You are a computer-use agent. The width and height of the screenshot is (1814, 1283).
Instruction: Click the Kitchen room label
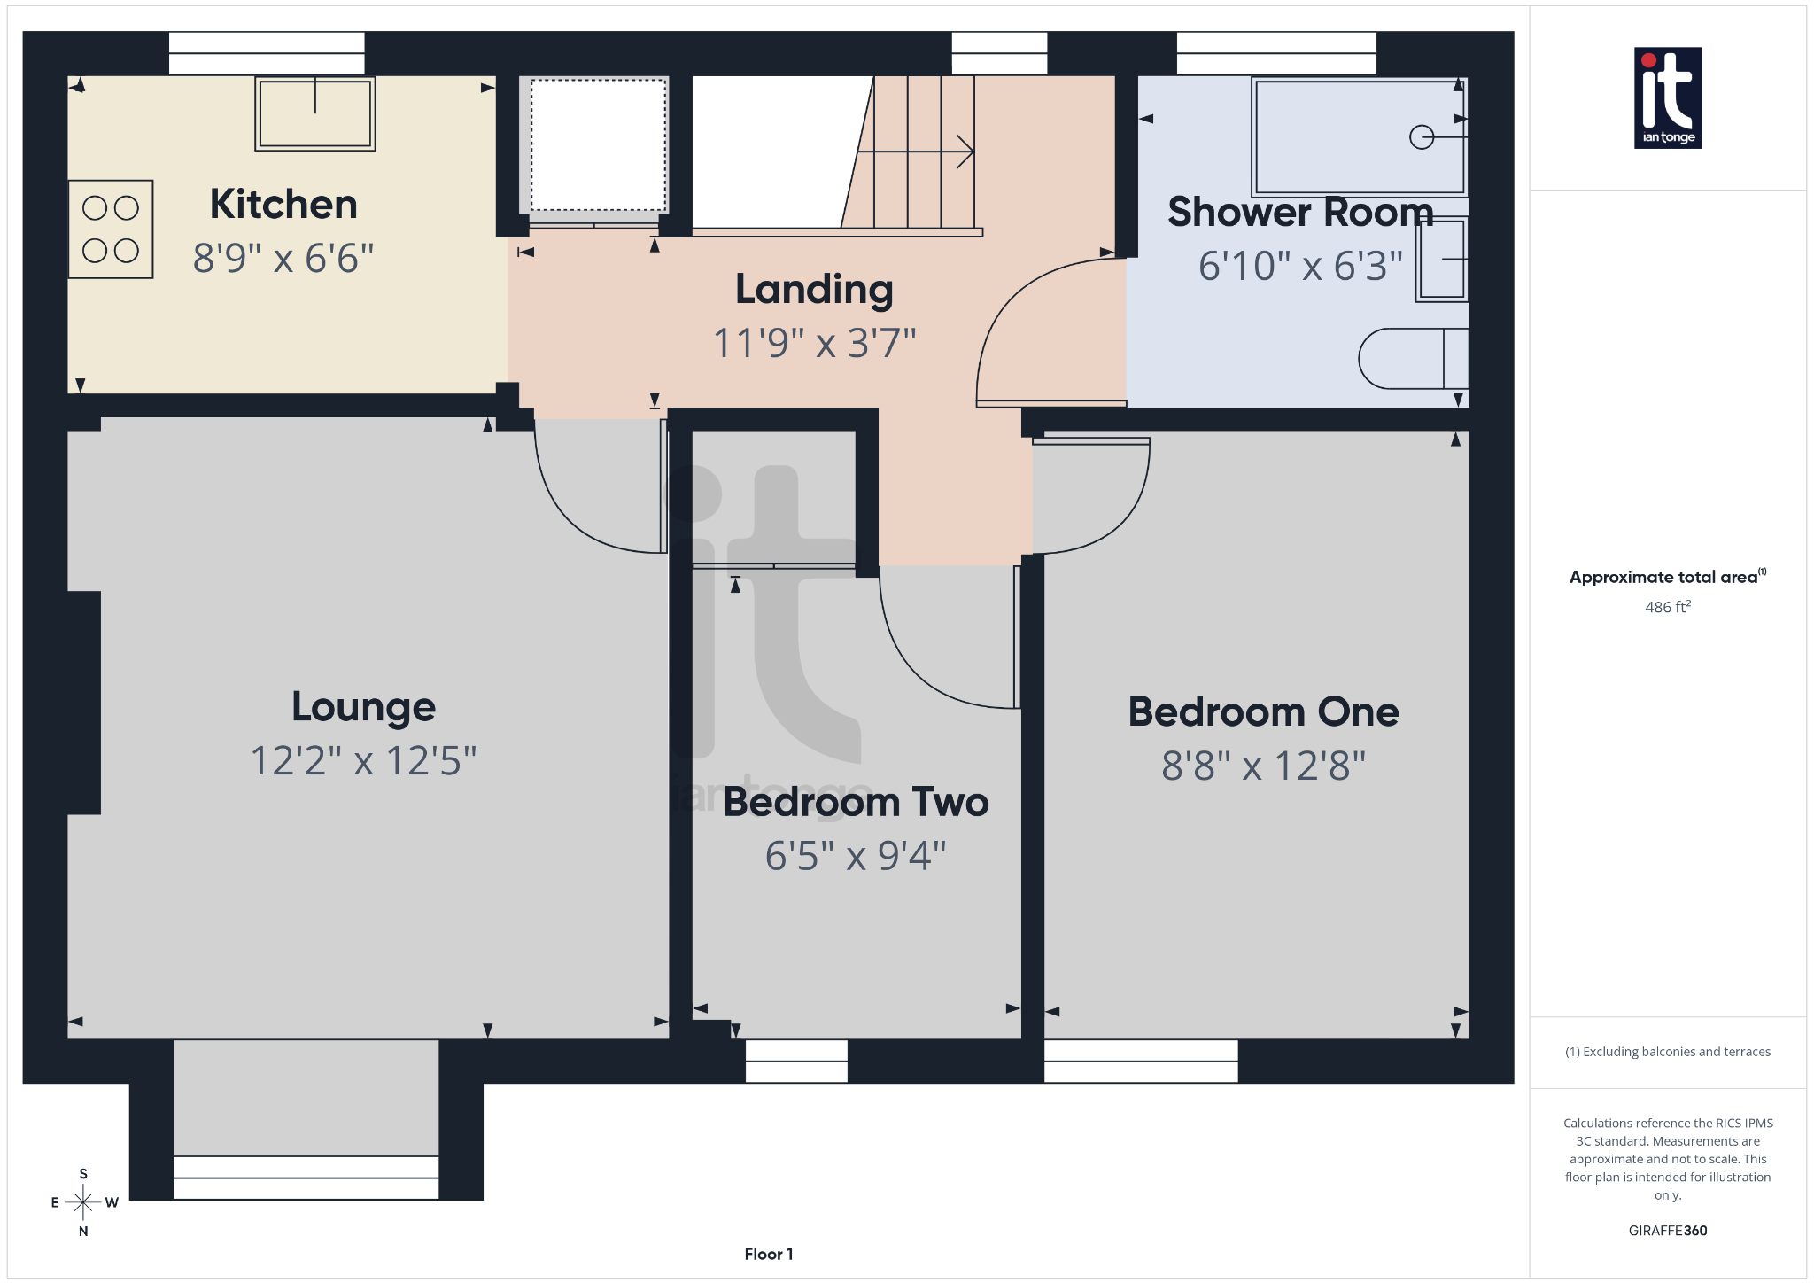point(283,205)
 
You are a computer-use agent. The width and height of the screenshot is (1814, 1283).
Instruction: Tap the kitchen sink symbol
point(315,113)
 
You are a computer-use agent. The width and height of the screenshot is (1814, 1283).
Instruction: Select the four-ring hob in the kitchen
point(111,229)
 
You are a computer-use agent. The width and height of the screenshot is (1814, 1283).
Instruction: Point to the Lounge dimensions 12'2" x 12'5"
point(363,761)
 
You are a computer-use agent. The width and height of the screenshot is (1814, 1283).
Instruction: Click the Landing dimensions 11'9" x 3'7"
point(814,343)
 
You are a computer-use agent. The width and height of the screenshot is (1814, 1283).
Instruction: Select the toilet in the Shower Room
point(1414,359)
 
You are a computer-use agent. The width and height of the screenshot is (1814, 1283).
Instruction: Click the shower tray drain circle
point(1421,137)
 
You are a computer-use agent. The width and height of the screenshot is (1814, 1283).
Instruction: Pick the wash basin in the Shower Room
point(1442,259)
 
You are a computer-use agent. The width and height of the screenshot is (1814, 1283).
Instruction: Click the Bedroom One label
point(1263,711)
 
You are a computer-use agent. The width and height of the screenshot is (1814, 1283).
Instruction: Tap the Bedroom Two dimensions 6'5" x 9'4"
point(856,856)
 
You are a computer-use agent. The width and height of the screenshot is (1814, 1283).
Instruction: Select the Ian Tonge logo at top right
point(1667,97)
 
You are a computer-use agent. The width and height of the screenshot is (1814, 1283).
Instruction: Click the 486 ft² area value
point(1667,607)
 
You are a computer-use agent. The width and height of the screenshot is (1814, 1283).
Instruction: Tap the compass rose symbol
point(83,1202)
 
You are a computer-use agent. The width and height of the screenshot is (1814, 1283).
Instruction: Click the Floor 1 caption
point(768,1254)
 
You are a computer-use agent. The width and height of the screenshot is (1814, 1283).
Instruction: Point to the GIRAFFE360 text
point(1667,1231)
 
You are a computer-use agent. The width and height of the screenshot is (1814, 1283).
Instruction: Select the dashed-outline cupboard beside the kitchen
point(598,144)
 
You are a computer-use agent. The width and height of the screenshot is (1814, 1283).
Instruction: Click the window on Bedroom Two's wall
point(796,1061)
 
